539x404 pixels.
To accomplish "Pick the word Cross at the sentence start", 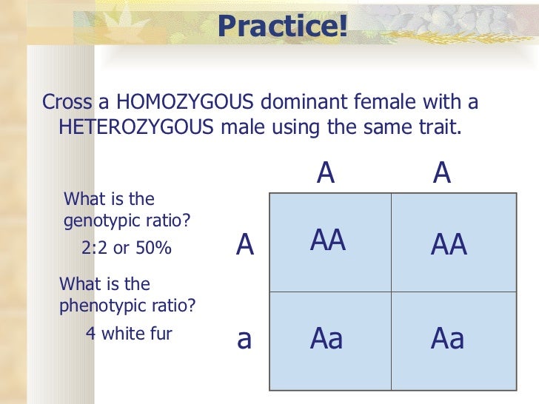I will point(65,101).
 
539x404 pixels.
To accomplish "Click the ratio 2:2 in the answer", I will point(95,249).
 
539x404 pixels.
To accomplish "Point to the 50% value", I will point(153,249).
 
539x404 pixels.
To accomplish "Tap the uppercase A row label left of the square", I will point(245,245).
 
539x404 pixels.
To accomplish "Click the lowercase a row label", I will point(244,339).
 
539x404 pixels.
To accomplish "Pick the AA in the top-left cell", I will point(328,240).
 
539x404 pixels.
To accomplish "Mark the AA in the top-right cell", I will point(449,245).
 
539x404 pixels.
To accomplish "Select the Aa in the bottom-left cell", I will point(327,338).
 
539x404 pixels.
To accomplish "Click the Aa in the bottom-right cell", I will point(448,338).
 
